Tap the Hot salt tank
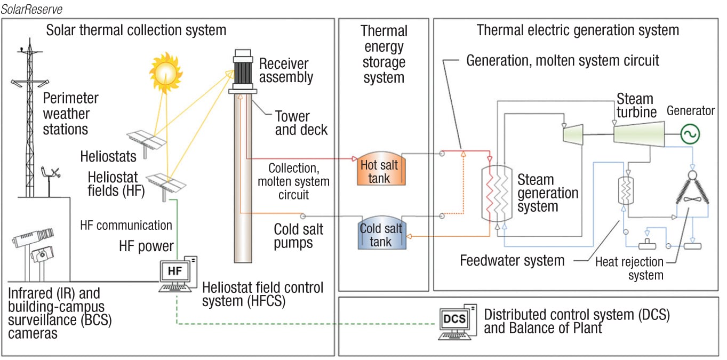coord(379,171)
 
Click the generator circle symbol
coord(690,134)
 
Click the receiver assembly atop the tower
coord(243,73)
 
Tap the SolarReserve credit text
coord(33,9)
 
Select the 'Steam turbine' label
coord(635,106)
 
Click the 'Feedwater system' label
coord(512,261)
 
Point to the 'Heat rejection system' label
coord(629,268)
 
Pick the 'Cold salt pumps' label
coord(298,236)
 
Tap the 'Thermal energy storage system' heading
coord(384,54)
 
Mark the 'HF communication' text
coord(126,225)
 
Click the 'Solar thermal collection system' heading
coord(136,29)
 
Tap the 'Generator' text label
coord(691,111)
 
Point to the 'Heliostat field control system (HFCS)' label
coord(262,294)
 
